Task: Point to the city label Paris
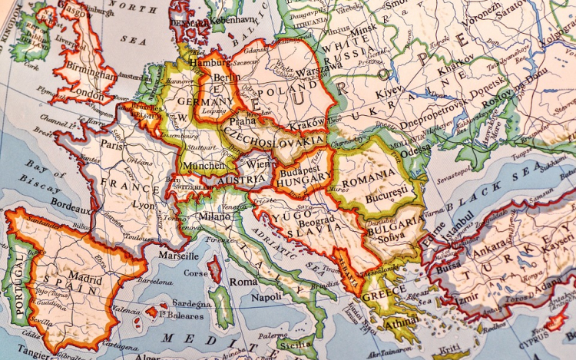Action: [x=112, y=144]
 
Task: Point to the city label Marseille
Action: [x=177, y=256]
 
